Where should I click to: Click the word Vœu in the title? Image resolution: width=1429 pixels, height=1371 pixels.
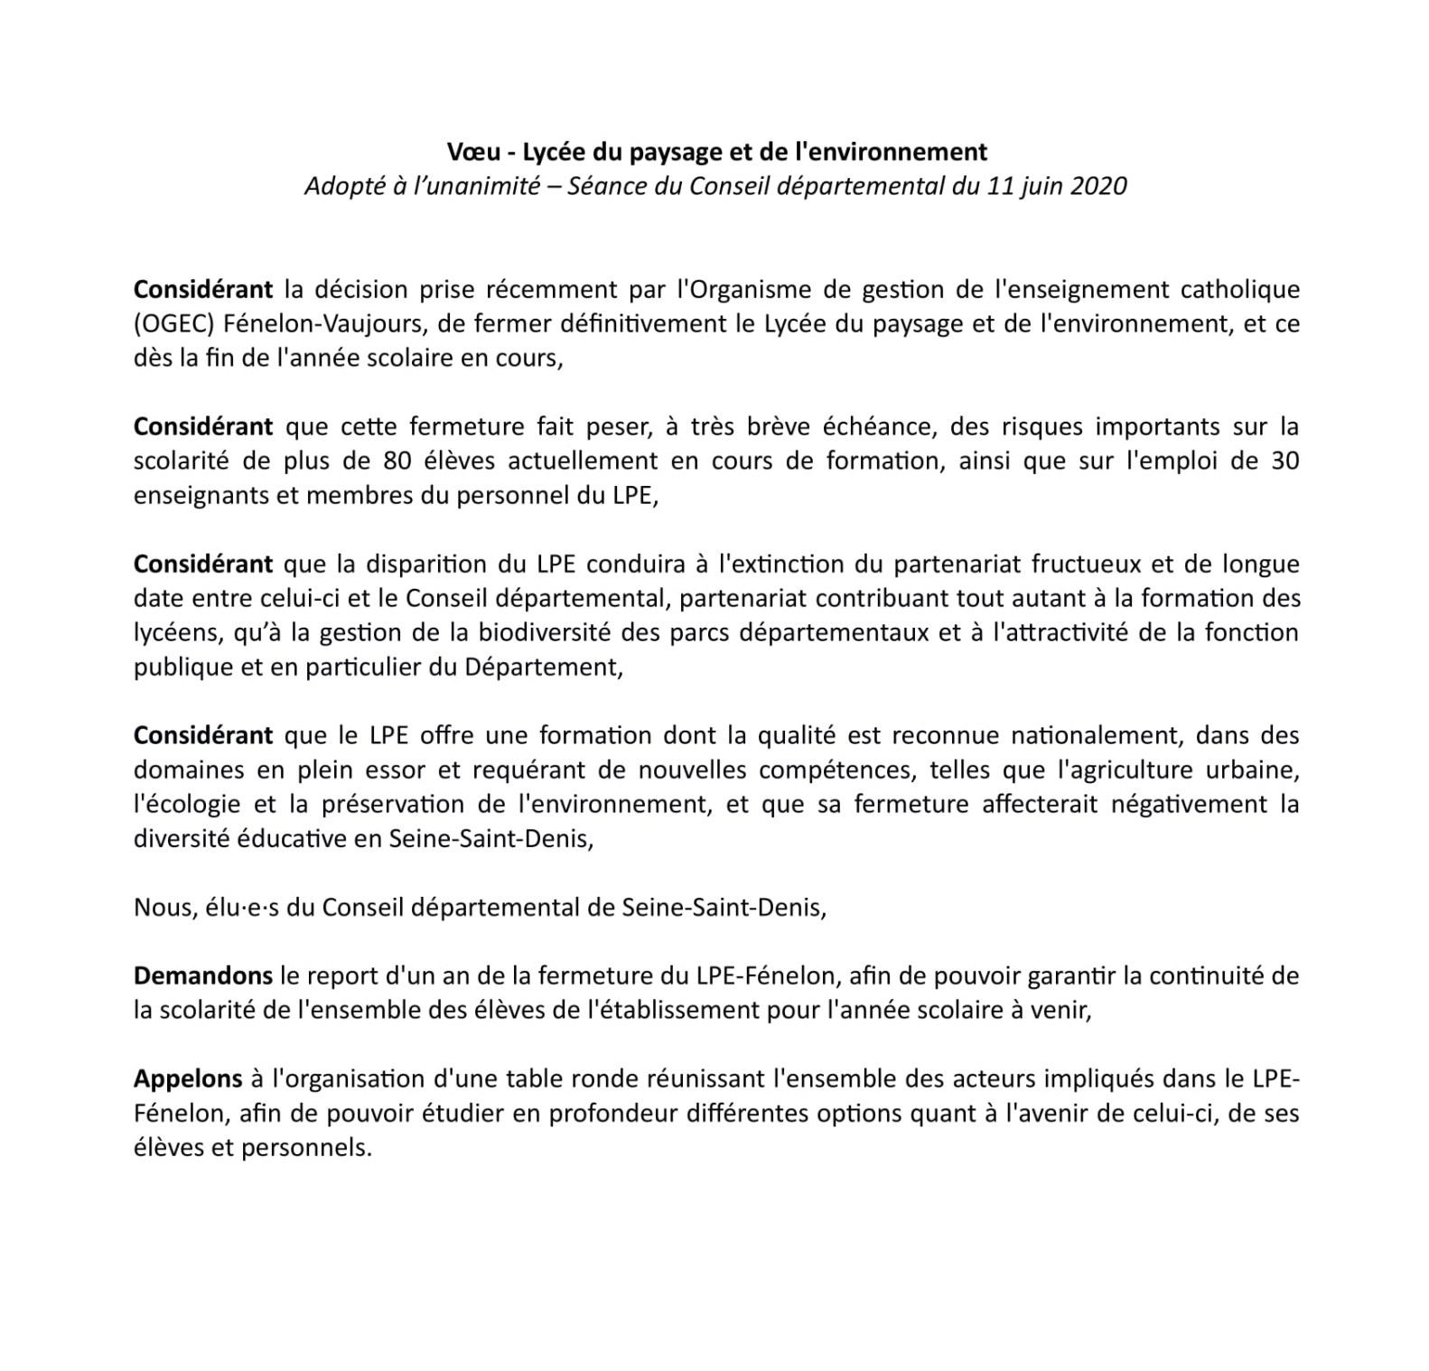click(468, 151)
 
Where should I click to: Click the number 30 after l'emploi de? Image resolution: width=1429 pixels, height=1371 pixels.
click(1284, 462)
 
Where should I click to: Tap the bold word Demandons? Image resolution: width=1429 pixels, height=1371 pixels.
click(202, 976)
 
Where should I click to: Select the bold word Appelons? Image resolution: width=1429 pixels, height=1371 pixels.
click(188, 1079)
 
